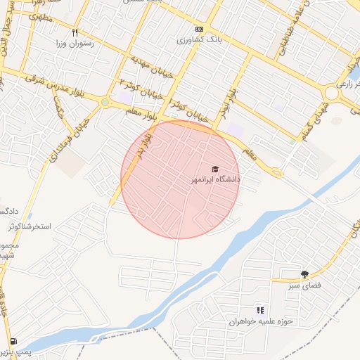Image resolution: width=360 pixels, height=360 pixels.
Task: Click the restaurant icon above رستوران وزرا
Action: (x=75, y=32)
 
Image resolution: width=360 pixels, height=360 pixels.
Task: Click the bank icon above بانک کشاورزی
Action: (x=199, y=30)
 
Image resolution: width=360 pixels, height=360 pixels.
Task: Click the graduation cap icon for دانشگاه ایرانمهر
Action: (x=215, y=169)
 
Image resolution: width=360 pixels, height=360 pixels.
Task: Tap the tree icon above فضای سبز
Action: (x=304, y=274)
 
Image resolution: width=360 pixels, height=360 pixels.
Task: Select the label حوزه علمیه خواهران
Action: (x=259, y=321)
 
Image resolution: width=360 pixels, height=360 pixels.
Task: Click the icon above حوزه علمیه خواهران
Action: (x=260, y=310)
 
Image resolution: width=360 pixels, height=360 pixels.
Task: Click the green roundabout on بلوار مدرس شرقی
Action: (x=105, y=103)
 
